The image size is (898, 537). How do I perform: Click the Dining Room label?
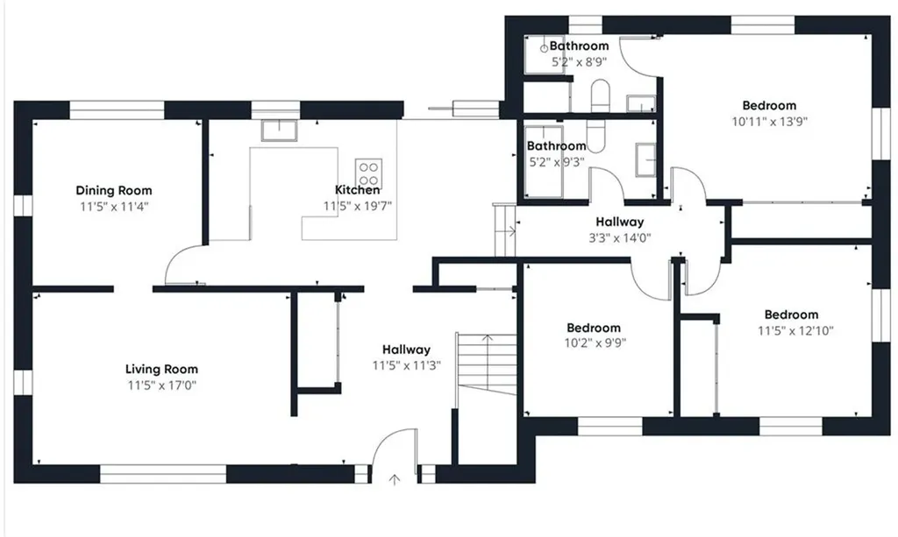(114, 190)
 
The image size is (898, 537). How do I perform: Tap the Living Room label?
(161, 370)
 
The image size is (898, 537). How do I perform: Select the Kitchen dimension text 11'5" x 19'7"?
(358, 206)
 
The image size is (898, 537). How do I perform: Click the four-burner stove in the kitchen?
(369, 173)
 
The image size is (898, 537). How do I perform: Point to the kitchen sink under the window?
(279, 131)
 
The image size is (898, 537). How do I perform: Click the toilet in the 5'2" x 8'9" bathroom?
(600, 95)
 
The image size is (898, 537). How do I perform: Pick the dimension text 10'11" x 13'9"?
(769, 121)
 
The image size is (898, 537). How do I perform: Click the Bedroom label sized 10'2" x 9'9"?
(594, 328)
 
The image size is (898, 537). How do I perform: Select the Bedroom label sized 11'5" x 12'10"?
(792, 314)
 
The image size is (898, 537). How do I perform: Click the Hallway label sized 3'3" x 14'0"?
(620, 222)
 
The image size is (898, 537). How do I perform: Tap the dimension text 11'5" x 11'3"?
(407, 365)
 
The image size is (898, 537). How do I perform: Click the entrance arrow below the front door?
(394, 479)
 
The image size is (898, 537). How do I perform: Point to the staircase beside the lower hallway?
(487, 364)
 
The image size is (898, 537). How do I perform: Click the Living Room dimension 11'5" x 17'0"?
(162, 385)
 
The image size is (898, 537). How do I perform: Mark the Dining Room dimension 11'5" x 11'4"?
(114, 207)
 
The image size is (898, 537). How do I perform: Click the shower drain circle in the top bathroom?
(544, 48)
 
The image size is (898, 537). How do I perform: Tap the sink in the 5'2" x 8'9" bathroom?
(640, 103)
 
